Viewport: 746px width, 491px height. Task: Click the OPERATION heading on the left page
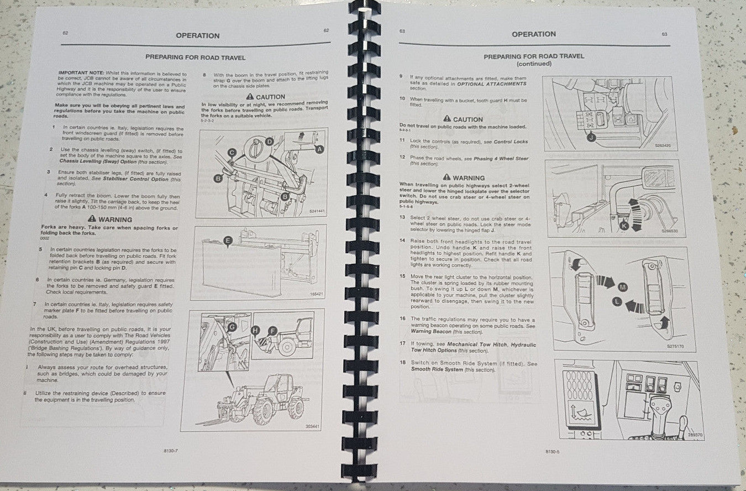[x=197, y=35]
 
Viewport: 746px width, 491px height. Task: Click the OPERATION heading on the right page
[x=533, y=34]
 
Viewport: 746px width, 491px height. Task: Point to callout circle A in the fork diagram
[x=319, y=149]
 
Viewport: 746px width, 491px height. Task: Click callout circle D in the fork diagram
[x=269, y=142]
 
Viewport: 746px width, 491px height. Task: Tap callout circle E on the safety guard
[x=227, y=240]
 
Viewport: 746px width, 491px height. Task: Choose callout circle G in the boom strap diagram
[x=232, y=327]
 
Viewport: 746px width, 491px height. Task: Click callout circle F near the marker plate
[x=272, y=331]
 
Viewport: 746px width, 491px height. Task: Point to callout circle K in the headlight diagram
[x=624, y=226]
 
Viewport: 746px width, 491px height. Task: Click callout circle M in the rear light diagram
[x=623, y=287]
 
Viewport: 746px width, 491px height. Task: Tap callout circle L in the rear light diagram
[x=617, y=302]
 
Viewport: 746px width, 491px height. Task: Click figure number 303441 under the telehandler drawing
[x=313, y=426]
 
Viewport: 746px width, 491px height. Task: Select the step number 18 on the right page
[x=402, y=363]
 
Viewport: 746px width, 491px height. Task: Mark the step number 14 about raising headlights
[x=402, y=241]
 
